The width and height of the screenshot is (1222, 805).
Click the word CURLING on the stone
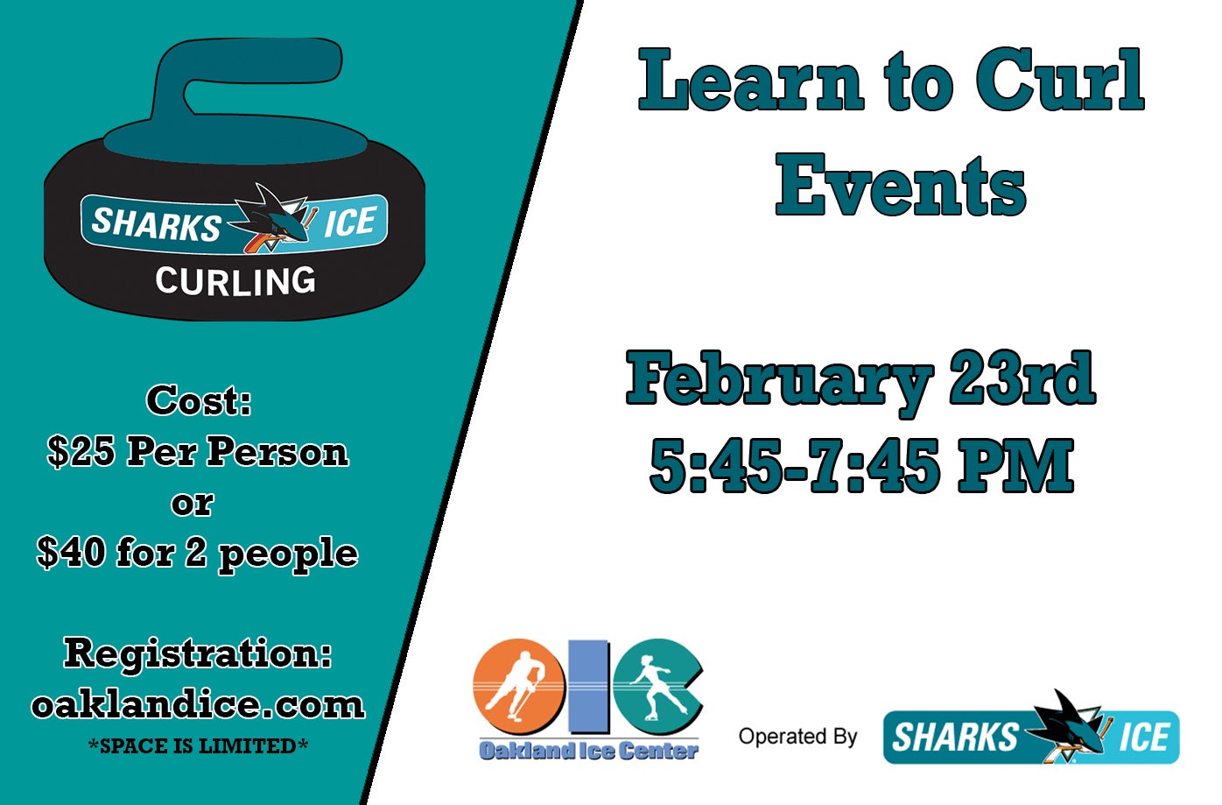[235, 281]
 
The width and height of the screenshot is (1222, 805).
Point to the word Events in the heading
[901, 185]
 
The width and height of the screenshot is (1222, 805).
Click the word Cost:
[199, 400]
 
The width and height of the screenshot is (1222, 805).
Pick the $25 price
[81, 451]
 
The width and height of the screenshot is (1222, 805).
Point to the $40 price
[69, 553]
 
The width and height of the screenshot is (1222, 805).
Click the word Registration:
[198, 653]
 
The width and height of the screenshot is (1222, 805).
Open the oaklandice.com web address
[198, 704]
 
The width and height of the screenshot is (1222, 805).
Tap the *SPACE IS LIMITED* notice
[198, 746]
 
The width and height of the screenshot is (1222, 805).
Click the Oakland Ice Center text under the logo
[588, 751]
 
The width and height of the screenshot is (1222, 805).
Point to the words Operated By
[797, 737]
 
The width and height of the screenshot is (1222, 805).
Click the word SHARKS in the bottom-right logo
[954, 738]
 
